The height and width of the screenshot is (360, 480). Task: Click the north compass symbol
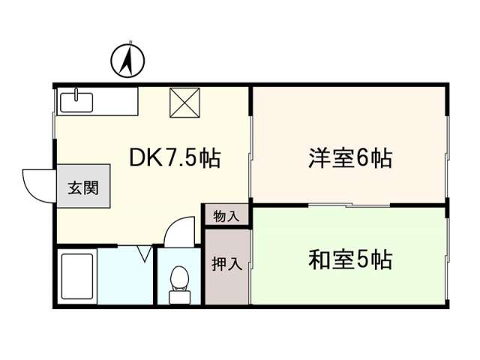click(127, 61)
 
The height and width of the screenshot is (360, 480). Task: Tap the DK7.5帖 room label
click(175, 158)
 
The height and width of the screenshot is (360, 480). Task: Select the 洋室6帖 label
click(350, 158)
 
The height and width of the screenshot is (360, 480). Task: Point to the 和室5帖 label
click(350, 259)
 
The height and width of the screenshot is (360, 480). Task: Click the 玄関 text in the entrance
click(83, 187)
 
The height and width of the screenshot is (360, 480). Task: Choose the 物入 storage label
click(226, 217)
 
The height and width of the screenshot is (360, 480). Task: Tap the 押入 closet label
click(226, 264)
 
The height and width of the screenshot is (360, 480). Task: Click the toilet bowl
click(179, 277)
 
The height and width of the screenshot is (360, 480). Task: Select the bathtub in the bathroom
click(77, 276)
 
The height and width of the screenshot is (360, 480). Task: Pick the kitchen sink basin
click(76, 103)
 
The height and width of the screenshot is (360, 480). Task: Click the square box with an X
click(184, 103)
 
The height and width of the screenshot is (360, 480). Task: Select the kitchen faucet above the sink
click(76, 94)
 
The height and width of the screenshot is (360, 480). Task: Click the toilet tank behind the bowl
click(179, 297)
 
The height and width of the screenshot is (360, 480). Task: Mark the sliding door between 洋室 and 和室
click(349, 205)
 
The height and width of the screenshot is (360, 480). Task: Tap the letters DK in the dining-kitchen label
click(145, 158)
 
